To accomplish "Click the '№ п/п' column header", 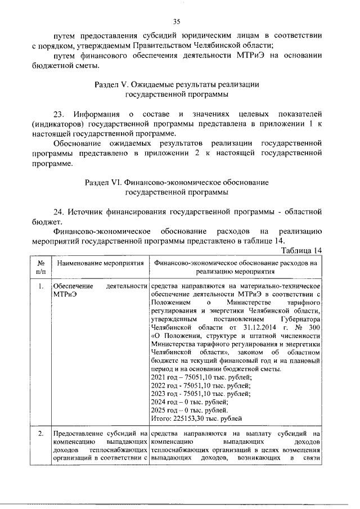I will tap(40, 266).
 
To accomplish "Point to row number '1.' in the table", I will tap(40, 287).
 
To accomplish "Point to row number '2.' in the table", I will tap(40, 433).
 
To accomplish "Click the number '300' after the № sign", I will tap(314, 328).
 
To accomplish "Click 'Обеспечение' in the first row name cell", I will tap(69, 287).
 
